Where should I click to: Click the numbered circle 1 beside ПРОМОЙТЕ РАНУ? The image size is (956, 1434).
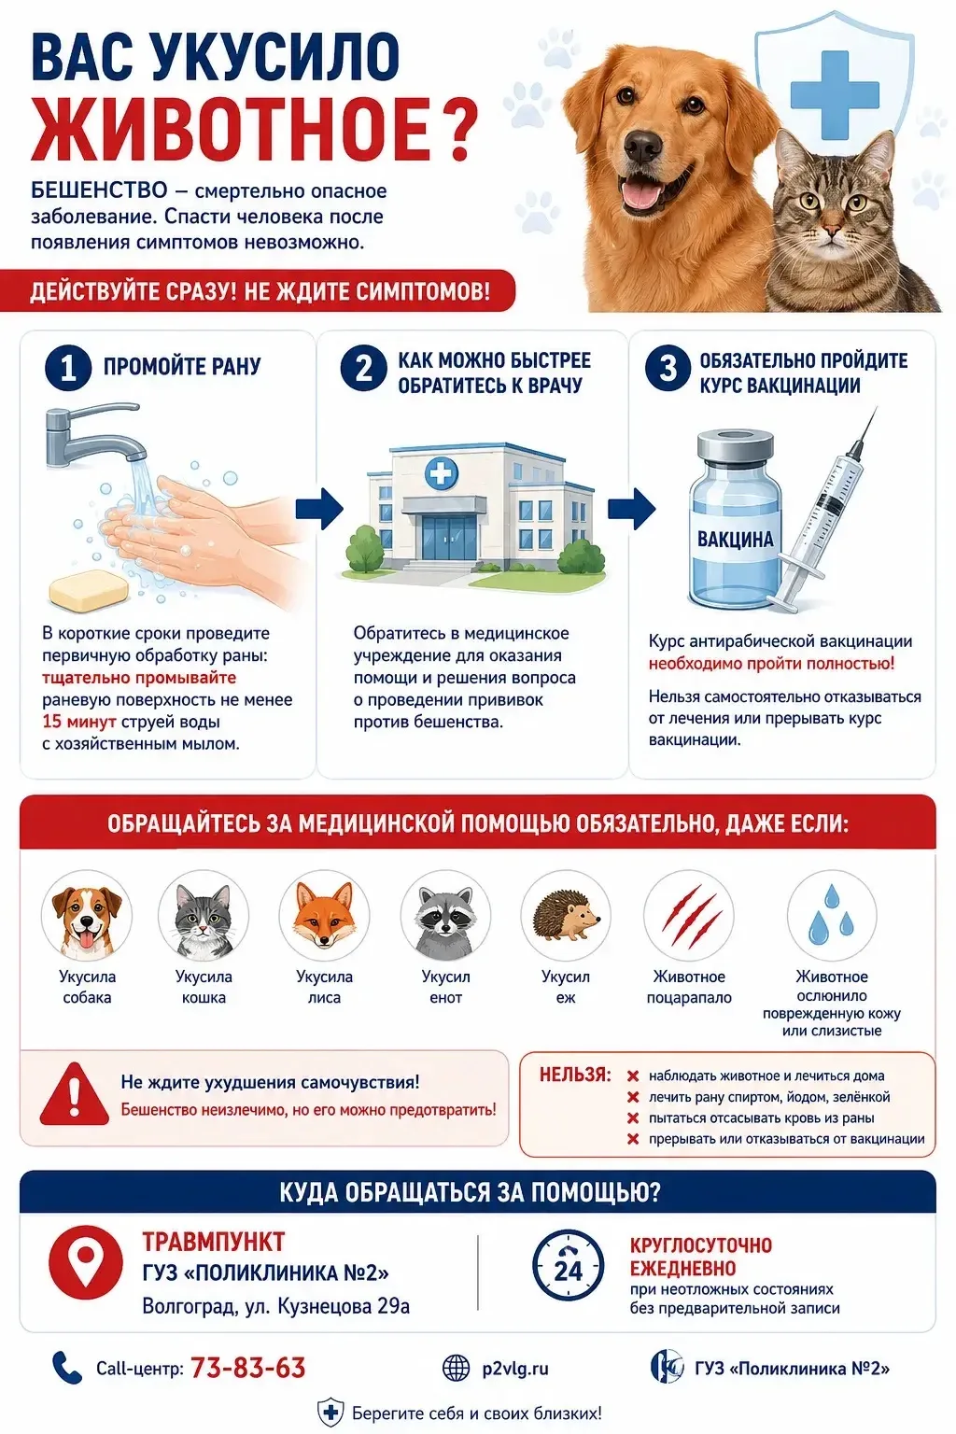point(68,368)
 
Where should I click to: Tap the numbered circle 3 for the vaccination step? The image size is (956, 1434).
point(668,368)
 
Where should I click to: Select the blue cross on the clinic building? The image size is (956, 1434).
point(442,473)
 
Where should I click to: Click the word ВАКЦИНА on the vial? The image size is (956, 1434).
point(735,539)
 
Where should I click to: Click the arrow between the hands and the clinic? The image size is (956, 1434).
point(319,509)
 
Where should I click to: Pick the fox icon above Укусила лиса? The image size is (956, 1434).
point(324,915)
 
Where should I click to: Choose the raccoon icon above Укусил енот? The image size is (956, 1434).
point(445,915)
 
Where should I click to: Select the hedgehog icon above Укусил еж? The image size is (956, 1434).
point(566,915)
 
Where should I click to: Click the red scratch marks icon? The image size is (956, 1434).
point(689,915)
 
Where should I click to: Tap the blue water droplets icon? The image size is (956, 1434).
point(831,915)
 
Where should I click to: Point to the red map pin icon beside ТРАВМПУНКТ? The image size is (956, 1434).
point(86,1263)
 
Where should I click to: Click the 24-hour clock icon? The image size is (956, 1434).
point(568,1264)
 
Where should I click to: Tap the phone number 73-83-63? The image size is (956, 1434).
point(247,1369)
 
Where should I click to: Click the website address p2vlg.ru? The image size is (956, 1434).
point(515,1369)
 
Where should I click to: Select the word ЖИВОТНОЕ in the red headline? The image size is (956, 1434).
point(230,131)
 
